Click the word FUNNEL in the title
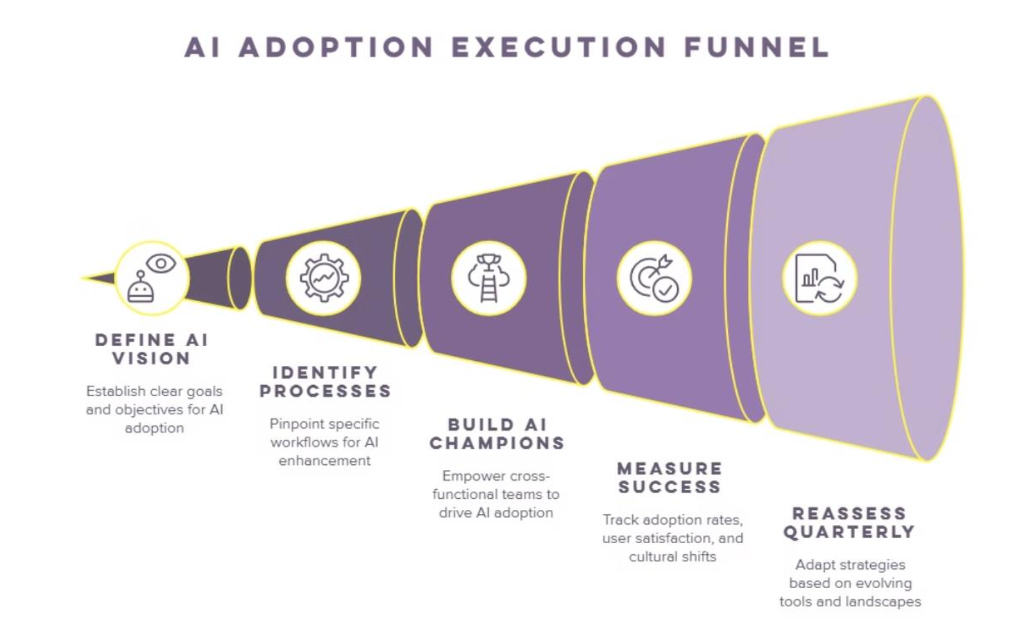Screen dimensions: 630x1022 (x=756, y=47)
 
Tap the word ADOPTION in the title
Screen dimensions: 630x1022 (x=336, y=47)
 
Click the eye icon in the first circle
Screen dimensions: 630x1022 (x=161, y=264)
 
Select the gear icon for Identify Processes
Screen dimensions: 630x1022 (x=324, y=278)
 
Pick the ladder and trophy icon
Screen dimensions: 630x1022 (x=489, y=278)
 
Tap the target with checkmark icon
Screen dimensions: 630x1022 (x=654, y=278)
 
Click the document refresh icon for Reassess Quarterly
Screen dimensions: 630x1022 (x=819, y=279)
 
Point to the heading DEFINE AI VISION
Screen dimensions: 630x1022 (x=152, y=349)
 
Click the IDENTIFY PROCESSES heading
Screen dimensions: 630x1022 (x=325, y=382)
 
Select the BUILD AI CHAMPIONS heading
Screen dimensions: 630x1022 (x=497, y=434)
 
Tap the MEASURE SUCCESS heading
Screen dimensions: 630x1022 (x=670, y=478)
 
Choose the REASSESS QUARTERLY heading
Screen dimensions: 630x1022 (x=849, y=523)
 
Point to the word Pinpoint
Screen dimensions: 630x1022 (x=297, y=424)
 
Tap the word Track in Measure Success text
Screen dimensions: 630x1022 (x=620, y=520)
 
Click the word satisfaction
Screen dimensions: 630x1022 (x=673, y=539)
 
